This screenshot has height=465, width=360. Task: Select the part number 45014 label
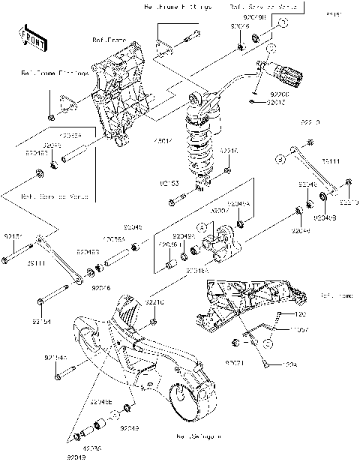point(163,139)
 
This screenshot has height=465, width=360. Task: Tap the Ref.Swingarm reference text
point(199,435)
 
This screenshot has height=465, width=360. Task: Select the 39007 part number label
point(219,212)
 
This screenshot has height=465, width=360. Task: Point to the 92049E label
point(103,403)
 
